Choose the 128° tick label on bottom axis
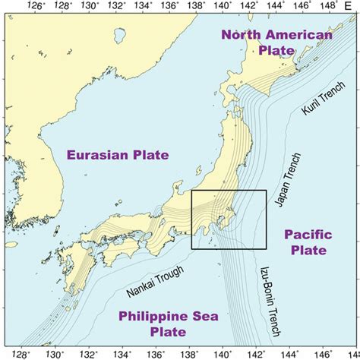coord(23,354)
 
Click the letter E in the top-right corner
coord(348,6)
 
